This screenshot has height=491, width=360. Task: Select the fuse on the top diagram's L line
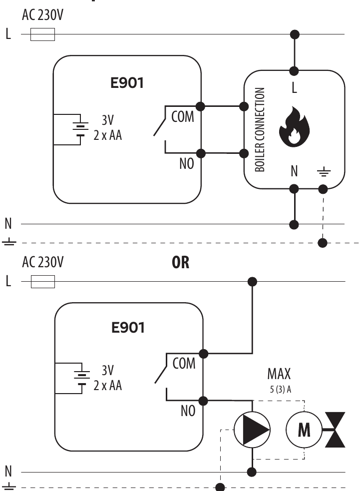43,34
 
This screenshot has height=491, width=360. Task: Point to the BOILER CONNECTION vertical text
260,130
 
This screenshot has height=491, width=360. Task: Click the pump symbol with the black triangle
252,429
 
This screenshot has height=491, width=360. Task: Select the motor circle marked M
304,429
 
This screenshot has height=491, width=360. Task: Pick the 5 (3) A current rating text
279,389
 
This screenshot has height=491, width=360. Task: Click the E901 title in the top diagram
127,83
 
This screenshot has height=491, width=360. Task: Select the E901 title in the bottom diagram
128,328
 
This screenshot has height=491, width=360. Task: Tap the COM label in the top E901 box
182,117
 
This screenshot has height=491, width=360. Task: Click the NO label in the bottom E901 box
187,411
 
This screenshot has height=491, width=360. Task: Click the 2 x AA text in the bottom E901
107,386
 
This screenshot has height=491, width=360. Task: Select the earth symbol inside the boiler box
323,173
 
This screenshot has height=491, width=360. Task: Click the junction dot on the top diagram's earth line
323,243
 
